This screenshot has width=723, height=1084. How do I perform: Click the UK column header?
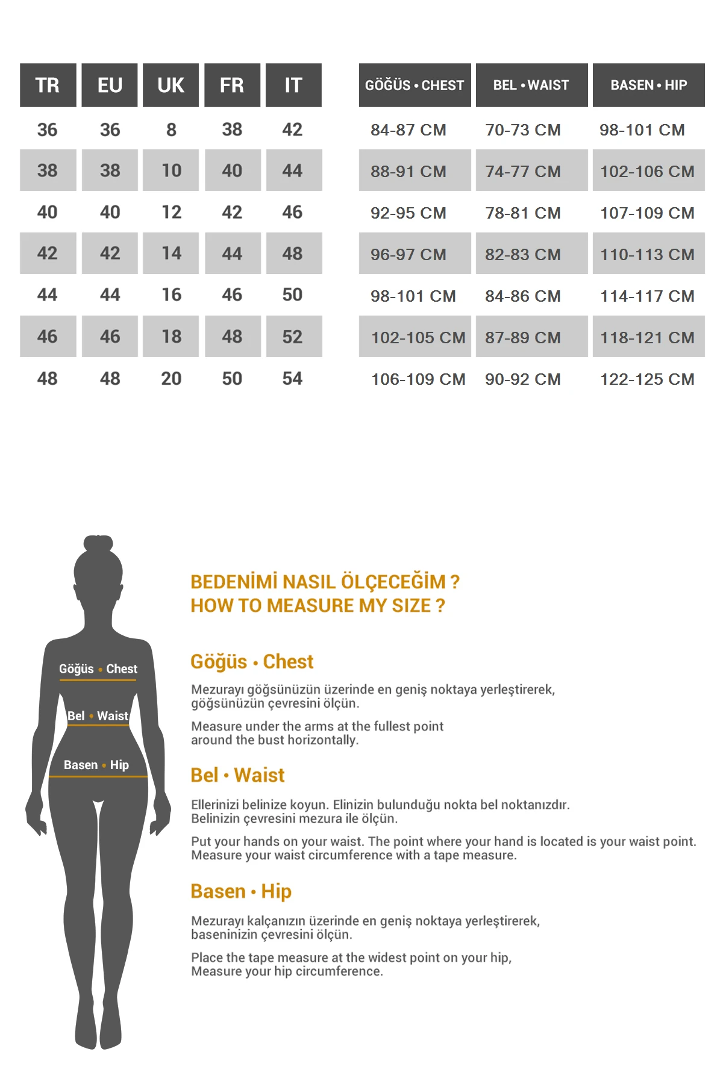pos(171,85)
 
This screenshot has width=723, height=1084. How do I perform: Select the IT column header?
pos(293,85)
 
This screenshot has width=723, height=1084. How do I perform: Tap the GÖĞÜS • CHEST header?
pos(415,85)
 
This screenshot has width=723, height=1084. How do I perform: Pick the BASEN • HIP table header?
pos(648,85)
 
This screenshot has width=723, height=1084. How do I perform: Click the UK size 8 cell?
pos(171,129)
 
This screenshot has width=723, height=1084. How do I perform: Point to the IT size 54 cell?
pos(292,378)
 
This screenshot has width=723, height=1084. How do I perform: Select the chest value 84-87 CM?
pos(408,129)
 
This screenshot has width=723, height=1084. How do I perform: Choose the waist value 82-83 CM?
pos(522,254)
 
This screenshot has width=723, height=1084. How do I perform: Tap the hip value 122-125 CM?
pos(647,379)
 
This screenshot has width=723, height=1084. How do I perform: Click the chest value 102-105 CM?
pos(418,337)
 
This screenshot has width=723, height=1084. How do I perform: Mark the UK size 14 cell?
pos(171,253)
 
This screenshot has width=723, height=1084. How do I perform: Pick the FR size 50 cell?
pos(232,378)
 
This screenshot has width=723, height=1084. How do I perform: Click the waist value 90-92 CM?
pos(522,379)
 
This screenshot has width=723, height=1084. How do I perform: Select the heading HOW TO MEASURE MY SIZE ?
pos(318,605)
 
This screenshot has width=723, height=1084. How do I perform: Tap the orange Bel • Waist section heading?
pos(237,775)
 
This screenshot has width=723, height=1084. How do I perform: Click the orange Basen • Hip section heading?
pos(241,891)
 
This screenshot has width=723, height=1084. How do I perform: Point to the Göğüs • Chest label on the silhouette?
pos(98,668)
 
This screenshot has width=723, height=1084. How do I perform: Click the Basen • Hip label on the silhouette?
pos(96,765)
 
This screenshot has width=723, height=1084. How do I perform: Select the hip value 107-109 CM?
pos(647,213)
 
